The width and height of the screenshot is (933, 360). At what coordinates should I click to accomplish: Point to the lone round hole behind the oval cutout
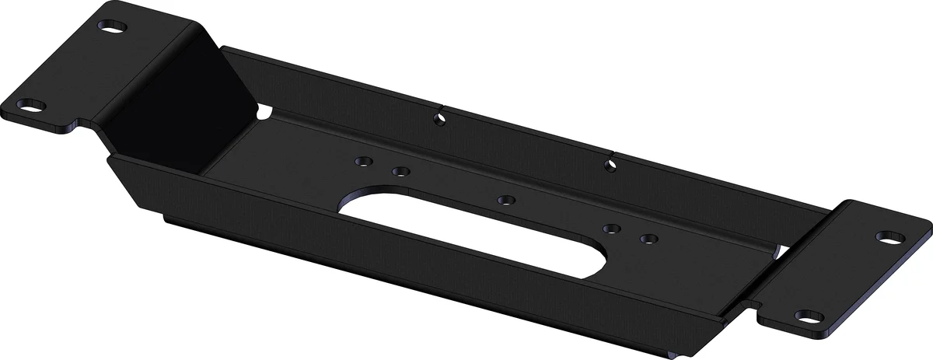[505, 200]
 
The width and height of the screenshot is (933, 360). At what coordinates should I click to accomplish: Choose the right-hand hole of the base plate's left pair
[400, 171]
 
